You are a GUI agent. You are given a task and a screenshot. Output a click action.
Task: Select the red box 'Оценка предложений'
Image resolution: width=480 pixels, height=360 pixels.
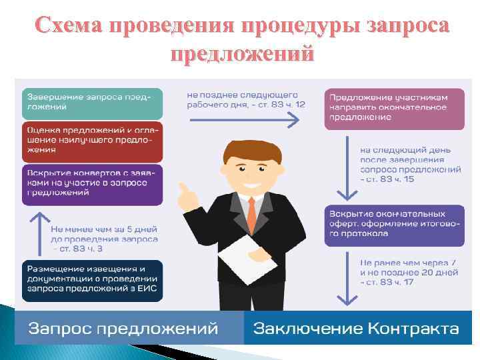click(93, 141)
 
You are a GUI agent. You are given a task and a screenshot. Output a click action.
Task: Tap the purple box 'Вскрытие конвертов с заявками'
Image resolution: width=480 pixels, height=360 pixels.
click(93, 183)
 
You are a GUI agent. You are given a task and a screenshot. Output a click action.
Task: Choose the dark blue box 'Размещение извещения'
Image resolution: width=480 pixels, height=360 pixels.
click(93, 280)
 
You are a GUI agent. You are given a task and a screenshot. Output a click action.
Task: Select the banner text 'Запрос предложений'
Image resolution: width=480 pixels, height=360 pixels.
click(124, 329)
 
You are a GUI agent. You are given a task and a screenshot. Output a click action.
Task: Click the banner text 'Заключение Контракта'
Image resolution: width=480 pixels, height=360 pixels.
click(356, 329)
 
